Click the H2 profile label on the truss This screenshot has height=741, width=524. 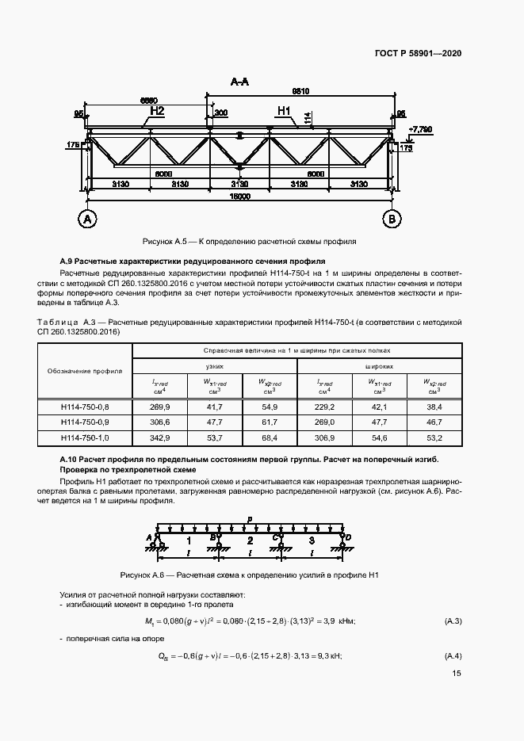coord(156,112)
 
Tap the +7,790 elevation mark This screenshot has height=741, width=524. coord(420,128)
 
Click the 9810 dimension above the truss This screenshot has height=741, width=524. coord(300,92)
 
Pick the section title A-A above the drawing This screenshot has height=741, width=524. coord(239,82)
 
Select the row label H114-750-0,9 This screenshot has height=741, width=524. coord(84,422)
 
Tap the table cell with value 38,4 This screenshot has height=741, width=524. coord(433,407)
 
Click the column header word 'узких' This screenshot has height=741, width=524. coord(214,367)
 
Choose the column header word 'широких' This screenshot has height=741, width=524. coord(378,367)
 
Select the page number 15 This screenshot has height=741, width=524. coord(457,674)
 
